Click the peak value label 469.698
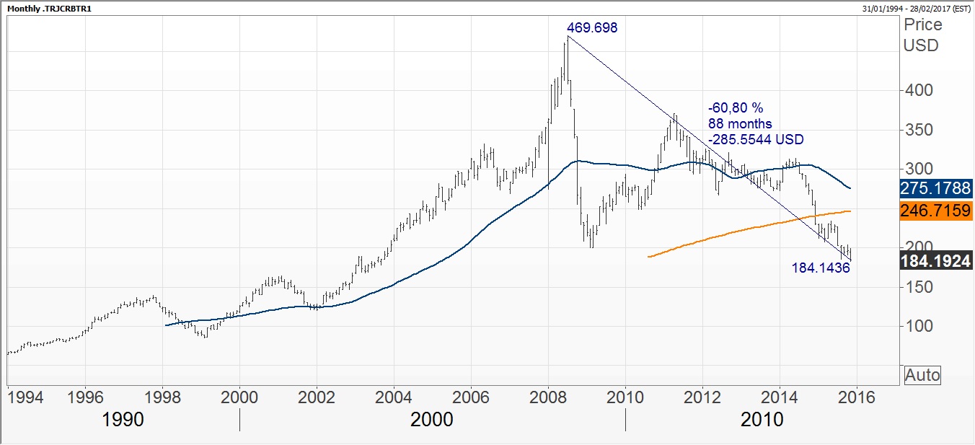pyautogui.click(x=592, y=28)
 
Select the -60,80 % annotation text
pyautogui.click(x=735, y=107)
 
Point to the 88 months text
pyautogui.click(x=740, y=123)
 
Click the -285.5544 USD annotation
pyautogui.click(x=756, y=139)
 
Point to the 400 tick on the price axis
pyautogui.click(x=919, y=91)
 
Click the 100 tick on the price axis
pyautogui.click(x=919, y=326)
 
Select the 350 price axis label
pyautogui.click(x=919, y=131)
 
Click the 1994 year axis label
pyautogui.click(x=24, y=397)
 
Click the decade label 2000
pyautogui.click(x=432, y=420)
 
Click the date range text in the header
pyautogui.click(x=916, y=8)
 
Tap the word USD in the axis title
pyautogui.click(x=922, y=45)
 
